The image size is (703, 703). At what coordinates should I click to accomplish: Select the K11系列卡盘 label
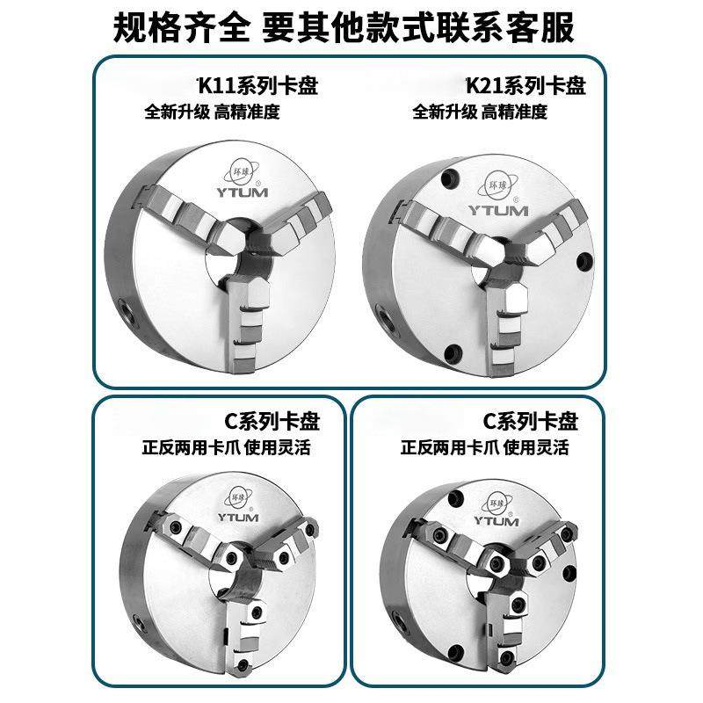point(257,86)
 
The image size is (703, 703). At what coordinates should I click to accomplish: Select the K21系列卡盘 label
point(525,86)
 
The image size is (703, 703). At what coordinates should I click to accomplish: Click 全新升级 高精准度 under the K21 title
point(479,112)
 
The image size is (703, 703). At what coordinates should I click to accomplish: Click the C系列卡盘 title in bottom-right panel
point(532,421)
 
